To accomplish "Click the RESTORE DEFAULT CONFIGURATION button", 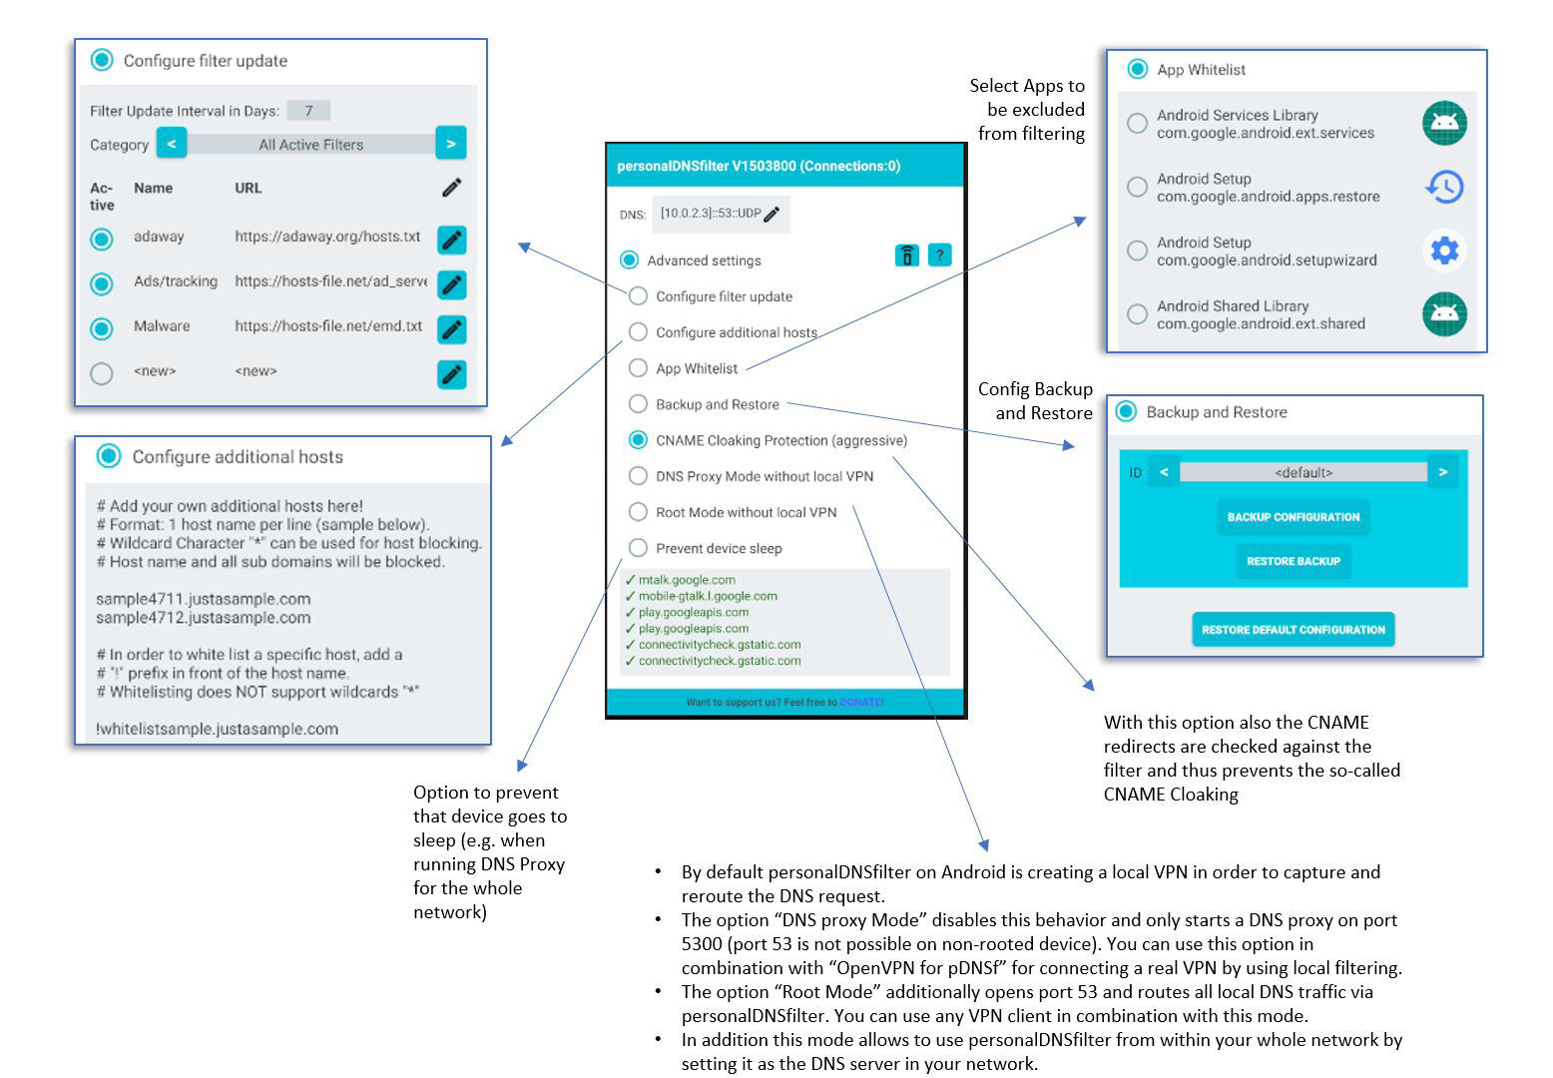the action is click(x=1294, y=630).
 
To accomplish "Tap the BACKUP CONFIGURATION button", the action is click(x=1294, y=517).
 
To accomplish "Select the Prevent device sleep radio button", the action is click(x=638, y=548).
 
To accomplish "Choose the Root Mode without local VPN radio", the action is click(x=638, y=512).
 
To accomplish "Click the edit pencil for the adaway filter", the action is click(x=452, y=240).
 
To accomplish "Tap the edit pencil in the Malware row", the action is click(x=452, y=329).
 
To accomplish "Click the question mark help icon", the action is click(x=939, y=256).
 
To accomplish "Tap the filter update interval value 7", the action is click(x=308, y=111).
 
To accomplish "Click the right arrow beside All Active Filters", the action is click(x=451, y=144).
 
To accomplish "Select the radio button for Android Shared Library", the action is click(x=1137, y=314).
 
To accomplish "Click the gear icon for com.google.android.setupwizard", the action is click(x=1445, y=251).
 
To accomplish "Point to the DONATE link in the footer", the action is click(x=861, y=703).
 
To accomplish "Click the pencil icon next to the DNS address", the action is click(x=772, y=215).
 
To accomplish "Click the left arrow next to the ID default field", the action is click(x=1164, y=472).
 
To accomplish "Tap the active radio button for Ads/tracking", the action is click(x=102, y=283).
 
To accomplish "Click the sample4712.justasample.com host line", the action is click(x=204, y=618).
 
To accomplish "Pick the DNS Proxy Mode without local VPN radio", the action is click(x=638, y=476).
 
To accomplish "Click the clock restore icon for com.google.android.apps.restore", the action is click(x=1445, y=187).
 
